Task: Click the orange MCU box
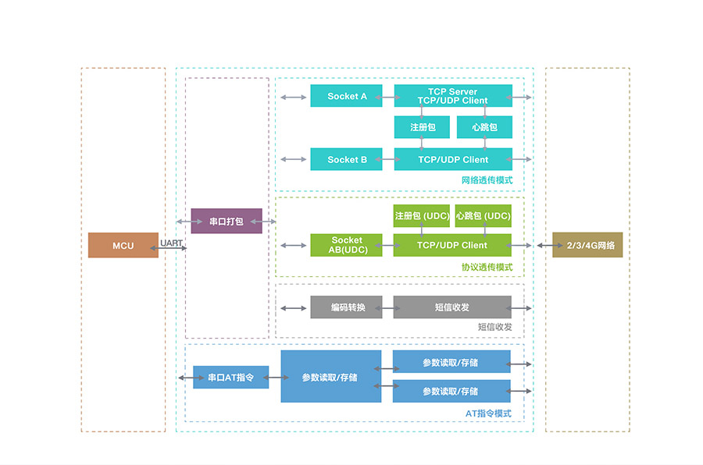123,245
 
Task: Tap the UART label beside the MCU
171,243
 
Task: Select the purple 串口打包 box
227,221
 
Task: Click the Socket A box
346,96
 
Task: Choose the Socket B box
346,159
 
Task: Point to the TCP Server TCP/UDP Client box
453,96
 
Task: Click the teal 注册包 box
422,127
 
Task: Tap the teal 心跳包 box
484,127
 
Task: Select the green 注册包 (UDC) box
421,216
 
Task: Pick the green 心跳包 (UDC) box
484,216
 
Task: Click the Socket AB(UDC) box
346,245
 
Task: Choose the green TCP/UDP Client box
452,245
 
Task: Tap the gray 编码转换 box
346,307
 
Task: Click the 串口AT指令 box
230,378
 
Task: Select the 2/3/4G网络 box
587,245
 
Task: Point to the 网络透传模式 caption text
487,180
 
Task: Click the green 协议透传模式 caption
487,267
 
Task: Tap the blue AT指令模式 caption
488,414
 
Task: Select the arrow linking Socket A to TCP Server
388,97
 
